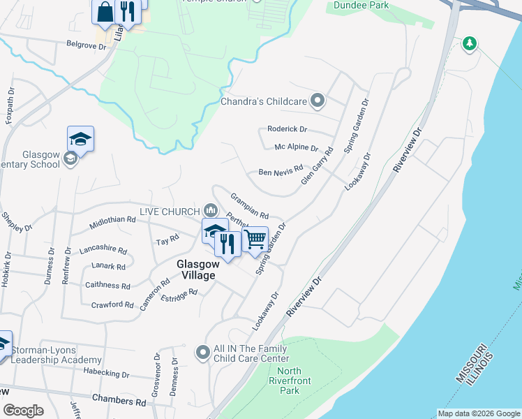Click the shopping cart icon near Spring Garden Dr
(x=255, y=239)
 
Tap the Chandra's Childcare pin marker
(x=318, y=101)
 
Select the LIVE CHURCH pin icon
(x=210, y=210)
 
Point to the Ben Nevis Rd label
(x=281, y=171)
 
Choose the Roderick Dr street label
(x=288, y=129)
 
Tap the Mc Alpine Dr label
(x=296, y=148)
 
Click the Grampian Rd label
(x=249, y=205)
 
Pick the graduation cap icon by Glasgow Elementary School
(x=81, y=139)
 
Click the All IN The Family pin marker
(x=203, y=353)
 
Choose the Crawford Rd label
(x=112, y=304)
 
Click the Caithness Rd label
(x=107, y=286)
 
